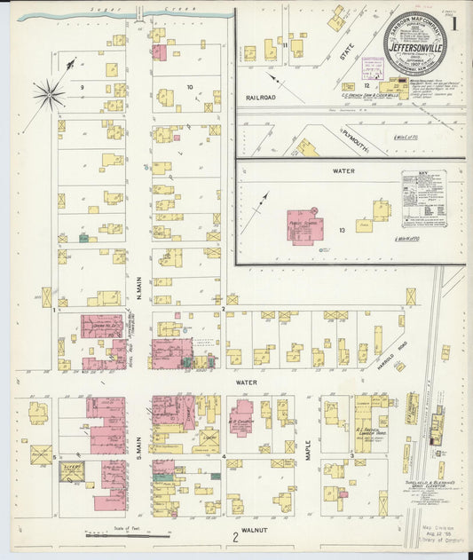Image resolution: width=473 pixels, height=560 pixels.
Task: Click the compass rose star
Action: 49,92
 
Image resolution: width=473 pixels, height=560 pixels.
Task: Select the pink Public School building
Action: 304,225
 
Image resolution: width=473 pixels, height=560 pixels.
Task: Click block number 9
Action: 82,87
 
